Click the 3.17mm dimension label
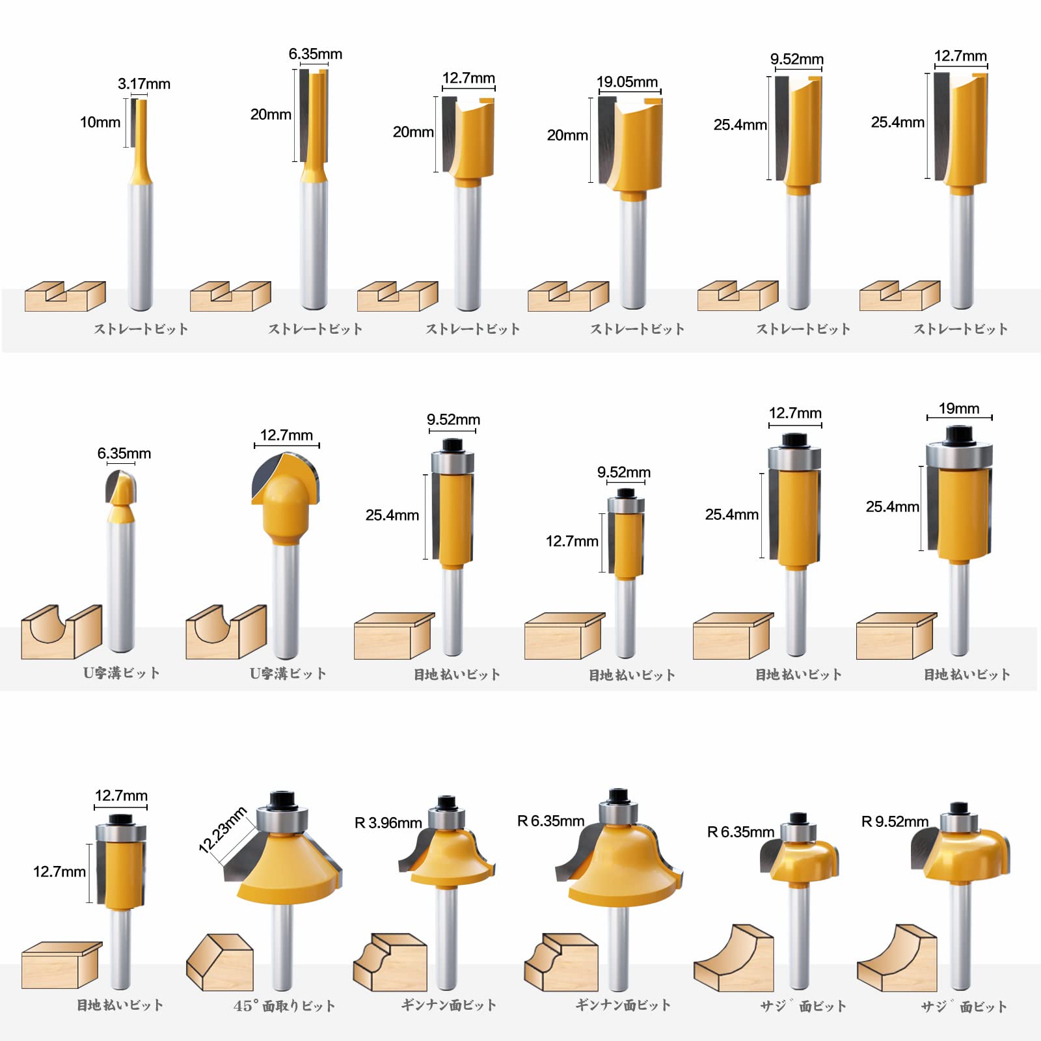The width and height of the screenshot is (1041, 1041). pos(144,84)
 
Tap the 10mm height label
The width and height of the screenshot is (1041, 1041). pos(100,122)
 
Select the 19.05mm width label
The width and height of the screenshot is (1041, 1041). pos(627,82)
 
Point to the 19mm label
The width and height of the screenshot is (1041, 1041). pos(959,409)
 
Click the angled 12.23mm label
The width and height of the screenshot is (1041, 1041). pos(223,830)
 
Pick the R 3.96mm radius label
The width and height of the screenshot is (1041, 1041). pos(388,823)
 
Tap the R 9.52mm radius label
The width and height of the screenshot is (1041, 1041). pos(895,822)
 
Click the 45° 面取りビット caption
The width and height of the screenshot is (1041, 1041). pos(284,1006)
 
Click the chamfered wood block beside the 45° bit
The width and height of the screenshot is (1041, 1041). pos(220,963)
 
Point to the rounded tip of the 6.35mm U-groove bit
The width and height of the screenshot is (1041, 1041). pos(121,488)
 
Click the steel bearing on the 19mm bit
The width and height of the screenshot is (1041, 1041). pos(959,455)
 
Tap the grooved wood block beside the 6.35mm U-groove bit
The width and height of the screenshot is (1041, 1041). pos(61,632)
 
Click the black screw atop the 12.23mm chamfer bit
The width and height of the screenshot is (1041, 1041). pos(282,799)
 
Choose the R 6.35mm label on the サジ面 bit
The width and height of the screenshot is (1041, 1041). pos(740,832)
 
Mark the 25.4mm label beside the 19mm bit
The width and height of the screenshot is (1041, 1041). pos(892,507)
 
